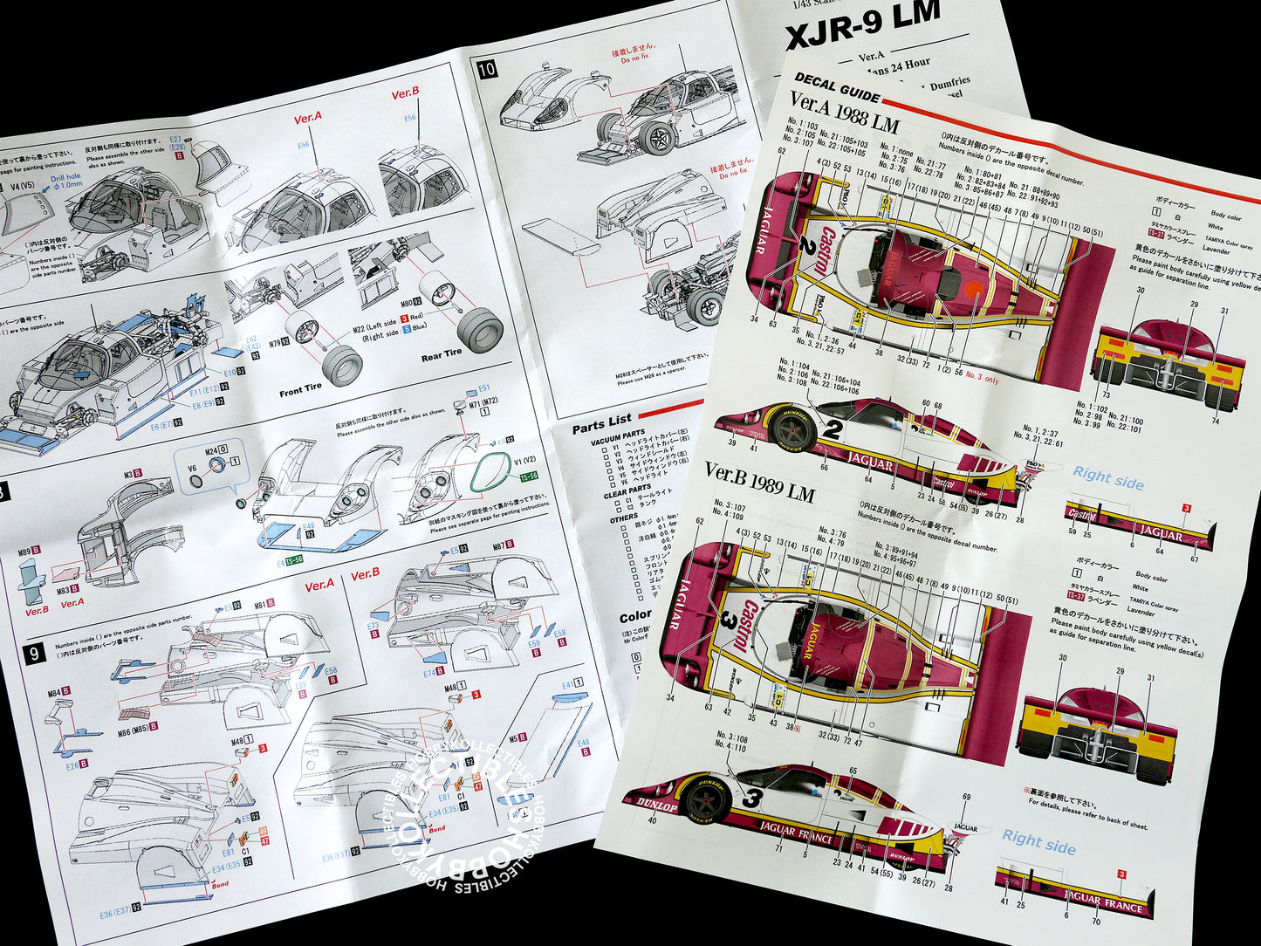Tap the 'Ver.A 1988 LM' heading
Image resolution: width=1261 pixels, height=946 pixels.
click(x=843, y=114)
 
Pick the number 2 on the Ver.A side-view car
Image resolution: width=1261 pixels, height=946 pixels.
click(x=833, y=428)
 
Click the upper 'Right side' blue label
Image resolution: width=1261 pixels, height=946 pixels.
click(x=1107, y=476)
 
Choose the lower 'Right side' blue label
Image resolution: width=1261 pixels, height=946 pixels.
click(x=1038, y=842)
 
